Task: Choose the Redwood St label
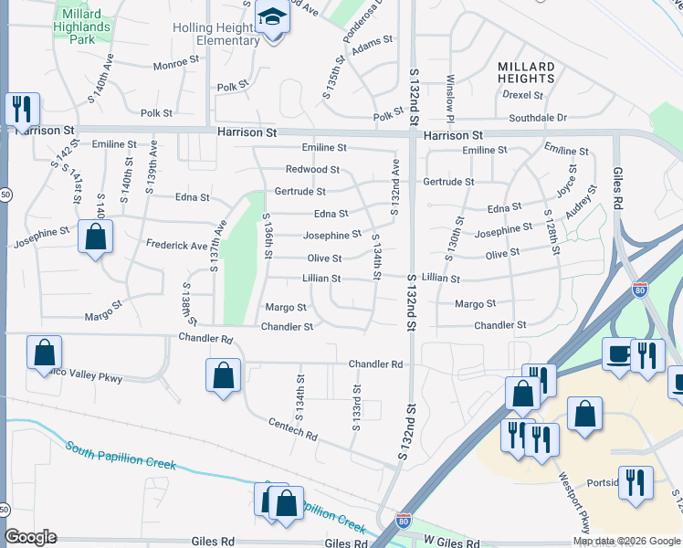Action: (312, 170)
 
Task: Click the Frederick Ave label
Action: (176, 246)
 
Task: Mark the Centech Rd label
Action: (292, 428)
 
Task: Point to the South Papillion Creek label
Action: (120, 456)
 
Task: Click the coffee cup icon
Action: (618, 354)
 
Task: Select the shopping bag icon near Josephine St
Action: (95, 239)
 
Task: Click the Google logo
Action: (30, 537)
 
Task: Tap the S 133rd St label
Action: (358, 407)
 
